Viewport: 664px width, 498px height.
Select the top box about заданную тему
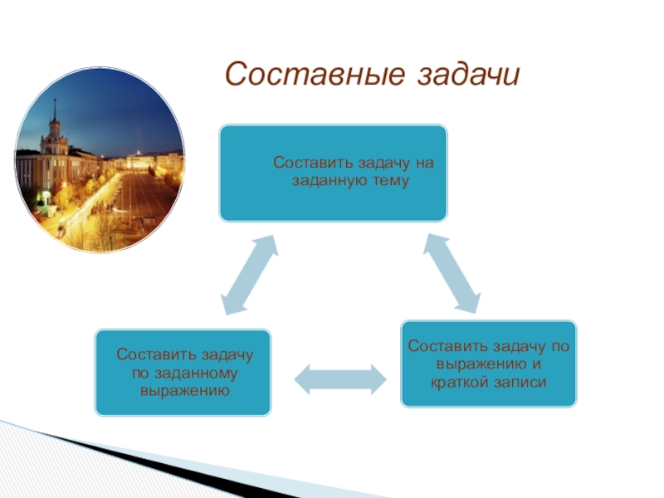pos(333,173)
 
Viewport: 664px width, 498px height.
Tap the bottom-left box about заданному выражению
pos(183,372)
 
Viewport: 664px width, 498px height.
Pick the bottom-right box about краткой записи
pos(488,364)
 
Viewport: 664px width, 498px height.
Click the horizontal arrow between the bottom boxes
pos(340,378)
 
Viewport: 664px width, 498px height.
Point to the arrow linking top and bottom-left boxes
pos(250,274)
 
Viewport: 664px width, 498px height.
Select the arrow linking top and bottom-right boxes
pos(452,274)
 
